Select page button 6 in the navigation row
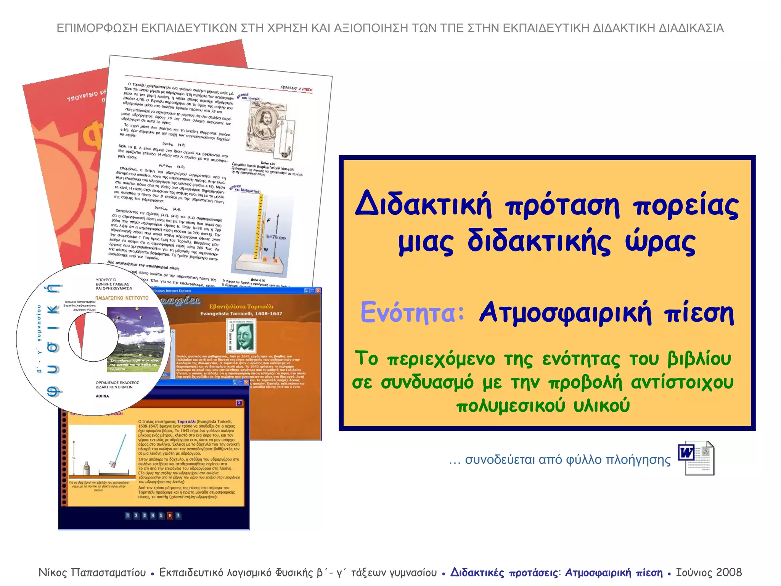[170, 515]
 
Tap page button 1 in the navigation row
[128, 515]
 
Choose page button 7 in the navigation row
[178, 515]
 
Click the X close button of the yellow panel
[239, 403]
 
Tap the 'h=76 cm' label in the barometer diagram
[276, 237]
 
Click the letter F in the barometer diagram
[269, 221]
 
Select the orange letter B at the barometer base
[265, 259]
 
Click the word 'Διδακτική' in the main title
[423, 204]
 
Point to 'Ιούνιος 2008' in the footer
[709, 572]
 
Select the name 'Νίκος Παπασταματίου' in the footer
[92, 572]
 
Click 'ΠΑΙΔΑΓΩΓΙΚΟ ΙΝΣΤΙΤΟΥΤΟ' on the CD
[122, 298]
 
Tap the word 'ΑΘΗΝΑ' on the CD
[102, 396]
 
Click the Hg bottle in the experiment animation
[87, 468]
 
